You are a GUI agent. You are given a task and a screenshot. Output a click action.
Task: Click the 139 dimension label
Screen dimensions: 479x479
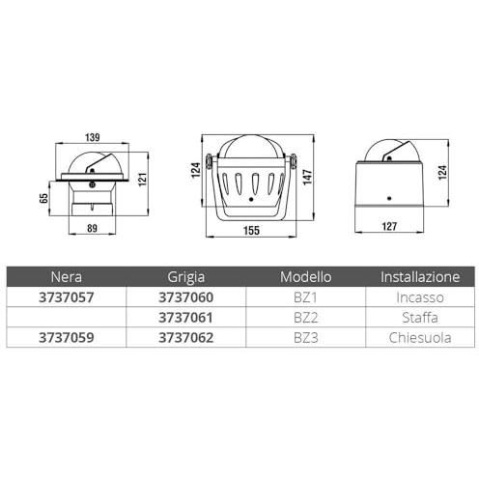pyautogui.click(x=93, y=137)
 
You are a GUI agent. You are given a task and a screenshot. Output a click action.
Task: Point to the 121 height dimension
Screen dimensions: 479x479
pyautogui.click(x=142, y=180)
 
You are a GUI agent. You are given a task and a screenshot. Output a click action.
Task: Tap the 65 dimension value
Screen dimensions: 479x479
pyautogui.click(x=43, y=198)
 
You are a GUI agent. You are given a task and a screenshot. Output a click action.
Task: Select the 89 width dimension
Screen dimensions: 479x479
pyautogui.click(x=92, y=228)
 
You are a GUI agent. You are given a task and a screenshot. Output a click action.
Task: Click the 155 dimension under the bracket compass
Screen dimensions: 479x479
pyautogui.click(x=251, y=231)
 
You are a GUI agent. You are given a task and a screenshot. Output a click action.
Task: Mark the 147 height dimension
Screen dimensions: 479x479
pyautogui.click(x=307, y=177)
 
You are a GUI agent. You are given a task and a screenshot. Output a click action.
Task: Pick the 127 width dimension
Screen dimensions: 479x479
pyautogui.click(x=389, y=226)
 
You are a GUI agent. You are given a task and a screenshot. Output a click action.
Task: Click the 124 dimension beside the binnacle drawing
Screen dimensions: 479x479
pyautogui.click(x=442, y=173)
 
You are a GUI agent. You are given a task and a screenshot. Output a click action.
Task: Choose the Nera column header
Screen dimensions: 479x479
pyautogui.click(x=67, y=277)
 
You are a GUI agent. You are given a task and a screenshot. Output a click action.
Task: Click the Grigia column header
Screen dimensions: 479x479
pyautogui.click(x=186, y=277)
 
